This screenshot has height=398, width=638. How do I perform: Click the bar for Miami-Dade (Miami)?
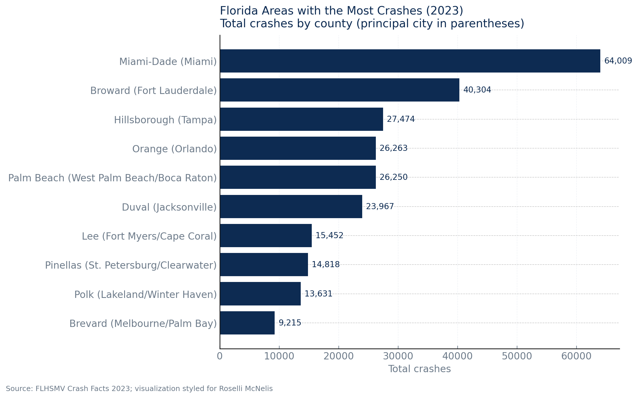click(410, 61)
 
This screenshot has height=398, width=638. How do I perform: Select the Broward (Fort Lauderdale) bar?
click(339, 90)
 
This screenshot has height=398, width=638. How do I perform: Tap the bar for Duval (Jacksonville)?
click(291, 207)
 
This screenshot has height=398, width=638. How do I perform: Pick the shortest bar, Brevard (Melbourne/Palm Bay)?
click(247, 323)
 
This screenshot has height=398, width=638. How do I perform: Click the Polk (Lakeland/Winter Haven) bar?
click(260, 294)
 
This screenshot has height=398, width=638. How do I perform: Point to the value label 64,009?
click(618, 61)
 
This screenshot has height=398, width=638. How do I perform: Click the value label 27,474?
click(401, 119)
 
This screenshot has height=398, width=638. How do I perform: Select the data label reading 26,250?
click(394, 177)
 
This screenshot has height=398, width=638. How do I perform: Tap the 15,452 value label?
click(329, 236)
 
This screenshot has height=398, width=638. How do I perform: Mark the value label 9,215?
click(290, 323)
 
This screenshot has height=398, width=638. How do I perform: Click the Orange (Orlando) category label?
click(174, 149)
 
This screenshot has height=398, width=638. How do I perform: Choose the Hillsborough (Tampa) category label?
click(165, 120)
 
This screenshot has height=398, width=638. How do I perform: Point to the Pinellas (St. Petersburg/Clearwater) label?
click(131, 265)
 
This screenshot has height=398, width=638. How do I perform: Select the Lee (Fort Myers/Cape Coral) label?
click(149, 236)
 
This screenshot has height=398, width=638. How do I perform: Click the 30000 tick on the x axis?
click(398, 356)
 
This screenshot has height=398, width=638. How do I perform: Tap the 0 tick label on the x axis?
click(220, 356)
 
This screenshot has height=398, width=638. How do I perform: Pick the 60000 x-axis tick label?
click(576, 356)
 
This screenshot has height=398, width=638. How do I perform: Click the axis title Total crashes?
click(419, 369)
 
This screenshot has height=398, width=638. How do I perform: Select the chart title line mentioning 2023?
click(341, 11)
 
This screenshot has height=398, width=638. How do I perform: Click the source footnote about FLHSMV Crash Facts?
click(139, 389)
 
